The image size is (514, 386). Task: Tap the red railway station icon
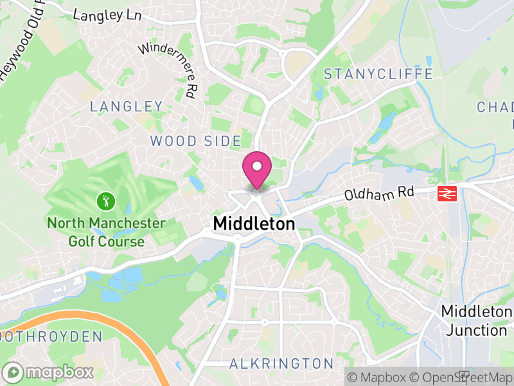446,193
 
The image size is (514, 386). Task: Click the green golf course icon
104,201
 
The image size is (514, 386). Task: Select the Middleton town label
254,224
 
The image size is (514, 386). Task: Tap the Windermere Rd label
167,69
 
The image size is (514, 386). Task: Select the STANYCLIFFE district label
378,74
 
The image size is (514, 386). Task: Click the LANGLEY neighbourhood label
127,106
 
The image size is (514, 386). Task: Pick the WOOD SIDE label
195,141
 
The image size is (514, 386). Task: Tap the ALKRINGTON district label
281,363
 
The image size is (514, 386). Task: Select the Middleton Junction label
475,320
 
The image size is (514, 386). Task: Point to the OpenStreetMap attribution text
461,377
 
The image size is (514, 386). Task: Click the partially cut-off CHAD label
495,107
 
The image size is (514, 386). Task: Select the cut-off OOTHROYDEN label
51,336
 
